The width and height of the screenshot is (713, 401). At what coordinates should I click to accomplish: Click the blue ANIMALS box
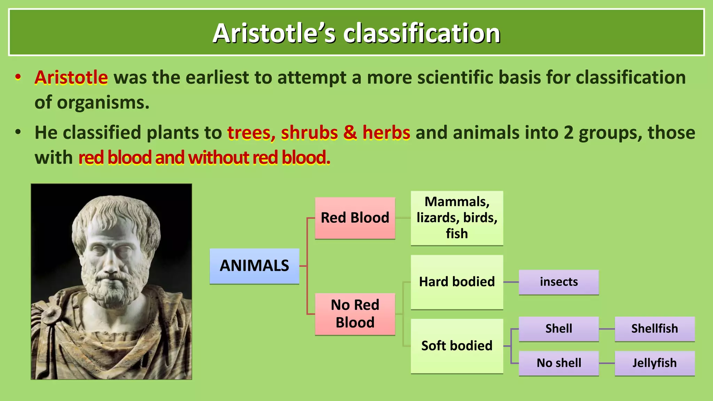tap(254, 266)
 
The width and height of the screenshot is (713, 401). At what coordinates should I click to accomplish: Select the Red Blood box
tap(355, 218)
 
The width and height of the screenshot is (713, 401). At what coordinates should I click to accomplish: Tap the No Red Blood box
tap(355, 314)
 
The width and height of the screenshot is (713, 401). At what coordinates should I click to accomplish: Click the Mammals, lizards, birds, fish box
tap(457, 218)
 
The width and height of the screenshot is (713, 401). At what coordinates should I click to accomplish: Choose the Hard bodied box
tap(457, 282)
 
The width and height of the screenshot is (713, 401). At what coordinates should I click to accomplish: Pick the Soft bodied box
tap(457, 346)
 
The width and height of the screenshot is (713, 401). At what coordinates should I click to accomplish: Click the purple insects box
tap(558, 282)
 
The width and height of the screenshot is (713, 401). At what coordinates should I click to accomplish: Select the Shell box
tap(558, 329)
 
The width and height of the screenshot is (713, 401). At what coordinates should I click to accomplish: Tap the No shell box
tap(558, 363)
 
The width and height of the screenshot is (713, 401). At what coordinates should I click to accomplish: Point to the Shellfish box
tap(655, 329)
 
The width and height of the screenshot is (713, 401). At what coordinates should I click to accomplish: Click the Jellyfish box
tap(655, 363)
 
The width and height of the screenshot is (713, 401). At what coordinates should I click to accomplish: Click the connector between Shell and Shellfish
tap(607, 329)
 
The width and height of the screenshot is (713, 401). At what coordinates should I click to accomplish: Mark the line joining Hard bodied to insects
tap(511, 282)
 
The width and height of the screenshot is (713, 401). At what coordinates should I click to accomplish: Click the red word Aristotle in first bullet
tap(71, 77)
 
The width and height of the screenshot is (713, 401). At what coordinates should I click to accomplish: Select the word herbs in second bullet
tap(386, 133)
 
